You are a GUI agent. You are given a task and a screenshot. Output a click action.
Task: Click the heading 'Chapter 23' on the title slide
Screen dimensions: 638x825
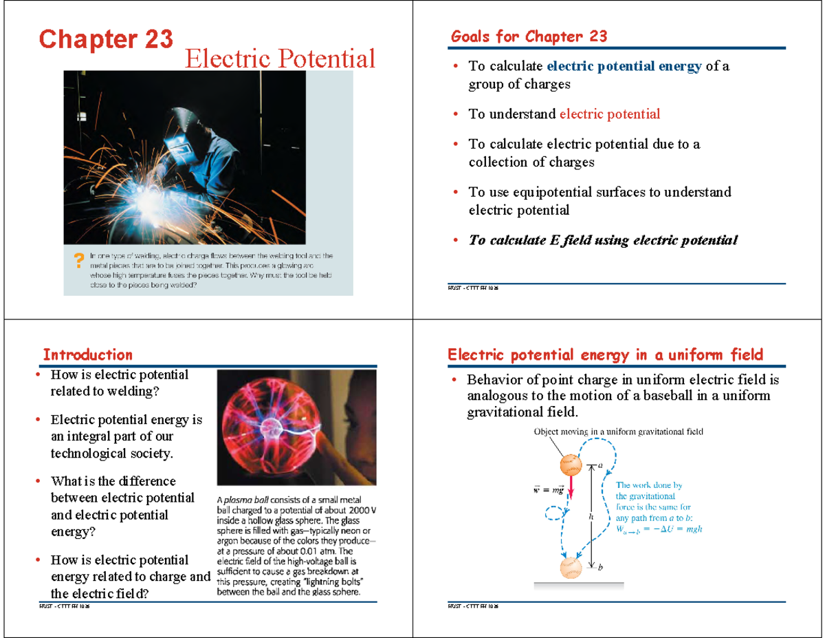click(106, 39)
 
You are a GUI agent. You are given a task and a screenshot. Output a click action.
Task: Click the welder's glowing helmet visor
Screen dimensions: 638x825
click(179, 145)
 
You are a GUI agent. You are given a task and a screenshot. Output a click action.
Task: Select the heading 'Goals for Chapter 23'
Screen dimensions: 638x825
click(529, 36)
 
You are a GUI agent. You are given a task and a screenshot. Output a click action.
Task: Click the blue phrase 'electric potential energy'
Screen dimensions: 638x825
click(624, 66)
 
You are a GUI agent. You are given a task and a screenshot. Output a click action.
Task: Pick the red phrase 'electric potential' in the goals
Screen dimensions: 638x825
click(610, 114)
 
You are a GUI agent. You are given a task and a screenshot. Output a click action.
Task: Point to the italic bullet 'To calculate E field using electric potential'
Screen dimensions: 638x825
click(603, 240)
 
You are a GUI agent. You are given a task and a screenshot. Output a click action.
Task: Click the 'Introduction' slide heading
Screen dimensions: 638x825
click(87, 354)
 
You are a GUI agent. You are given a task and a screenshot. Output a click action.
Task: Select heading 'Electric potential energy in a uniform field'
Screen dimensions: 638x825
click(605, 354)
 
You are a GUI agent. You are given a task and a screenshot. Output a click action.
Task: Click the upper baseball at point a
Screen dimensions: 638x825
click(570, 466)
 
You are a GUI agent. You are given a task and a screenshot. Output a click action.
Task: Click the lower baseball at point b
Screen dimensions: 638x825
click(571, 568)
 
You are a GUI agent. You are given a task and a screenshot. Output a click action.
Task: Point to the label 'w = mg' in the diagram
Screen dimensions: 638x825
click(548, 489)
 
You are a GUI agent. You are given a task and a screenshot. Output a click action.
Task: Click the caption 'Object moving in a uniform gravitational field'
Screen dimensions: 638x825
click(619, 432)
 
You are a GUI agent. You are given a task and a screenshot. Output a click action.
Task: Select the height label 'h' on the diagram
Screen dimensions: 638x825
click(591, 515)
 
